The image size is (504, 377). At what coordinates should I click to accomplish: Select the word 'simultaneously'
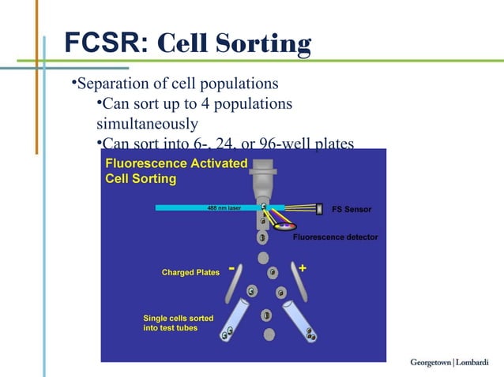[147, 124]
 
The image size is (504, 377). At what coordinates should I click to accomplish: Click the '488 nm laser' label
[224, 208]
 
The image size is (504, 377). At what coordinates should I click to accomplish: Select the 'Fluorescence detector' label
[335, 237]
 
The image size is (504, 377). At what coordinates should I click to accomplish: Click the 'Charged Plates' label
[190, 273]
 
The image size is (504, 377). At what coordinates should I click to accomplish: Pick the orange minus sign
[231, 269]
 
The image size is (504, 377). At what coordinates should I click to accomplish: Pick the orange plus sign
[303, 269]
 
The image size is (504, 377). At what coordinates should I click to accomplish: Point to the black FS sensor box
[319, 209]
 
